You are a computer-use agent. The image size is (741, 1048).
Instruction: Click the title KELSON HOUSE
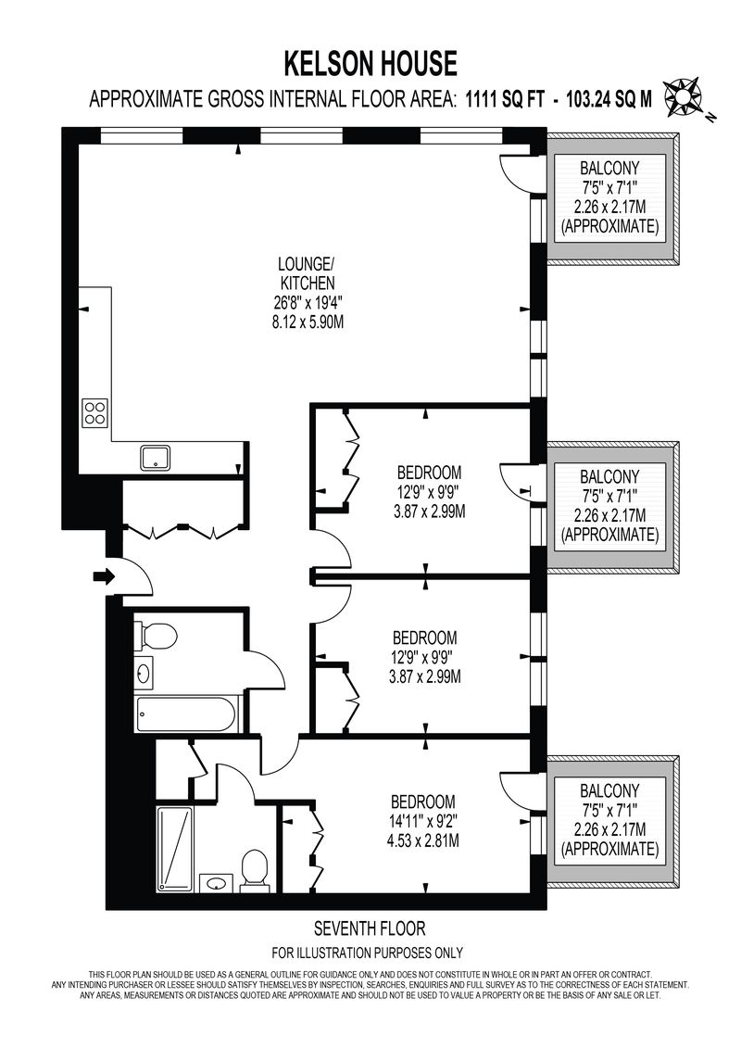point(370,64)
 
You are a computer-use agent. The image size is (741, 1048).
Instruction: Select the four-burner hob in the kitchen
point(94,412)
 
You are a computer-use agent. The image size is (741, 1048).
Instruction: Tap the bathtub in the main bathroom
point(186,715)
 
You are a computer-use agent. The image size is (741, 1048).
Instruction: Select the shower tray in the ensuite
point(175,849)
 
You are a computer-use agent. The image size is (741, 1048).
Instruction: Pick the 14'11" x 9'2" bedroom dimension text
point(423,820)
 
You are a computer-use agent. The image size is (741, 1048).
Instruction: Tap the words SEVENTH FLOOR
point(370,928)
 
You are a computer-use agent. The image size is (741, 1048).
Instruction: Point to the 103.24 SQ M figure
point(609,99)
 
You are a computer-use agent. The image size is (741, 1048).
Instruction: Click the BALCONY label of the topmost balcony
point(609,168)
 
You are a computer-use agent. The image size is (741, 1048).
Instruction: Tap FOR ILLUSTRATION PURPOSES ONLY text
point(367,953)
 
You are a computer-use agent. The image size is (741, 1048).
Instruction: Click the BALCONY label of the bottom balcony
point(609,791)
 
